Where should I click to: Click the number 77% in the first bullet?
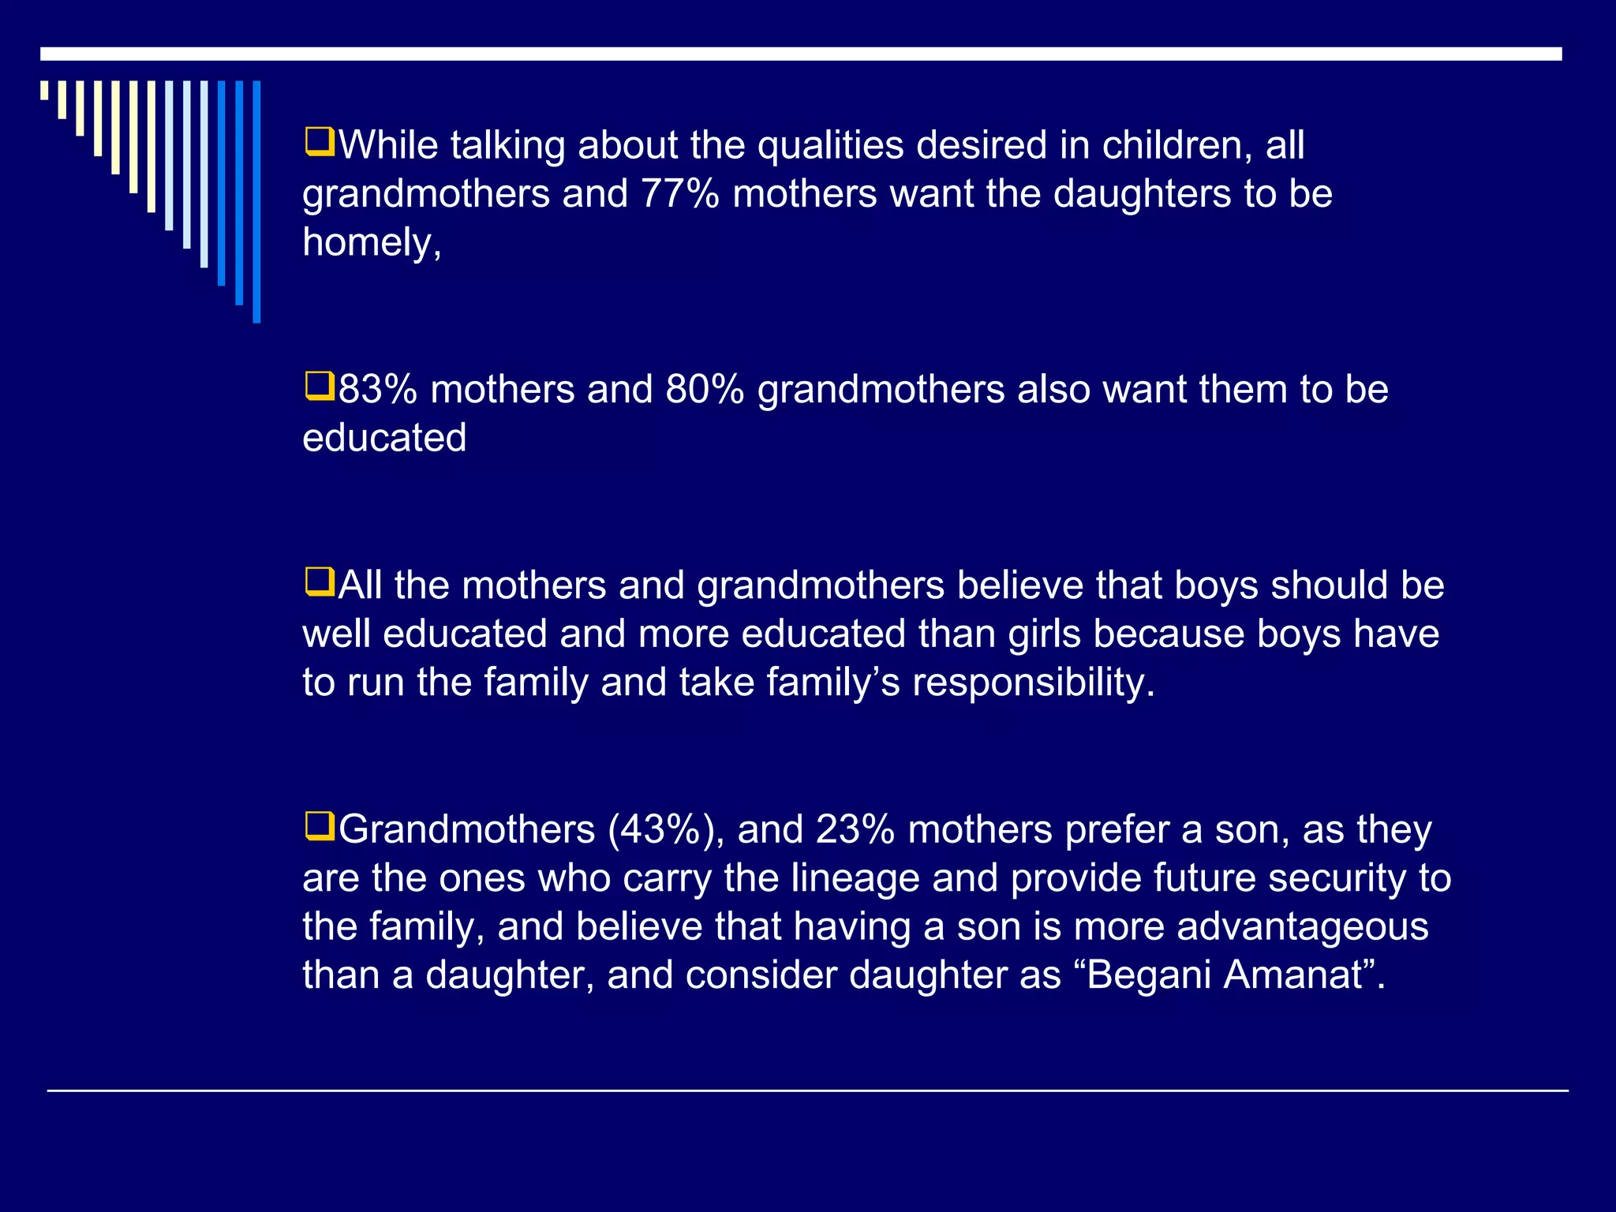click(x=679, y=194)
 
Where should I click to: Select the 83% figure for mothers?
click(x=378, y=390)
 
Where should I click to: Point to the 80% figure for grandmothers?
click(x=705, y=390)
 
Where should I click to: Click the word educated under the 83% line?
click(x=384, y=438)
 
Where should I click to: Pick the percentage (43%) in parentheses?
click(x=666, y=830)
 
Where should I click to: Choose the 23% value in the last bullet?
click(x=855, y=830)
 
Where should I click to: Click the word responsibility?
click(x=1033, y=683)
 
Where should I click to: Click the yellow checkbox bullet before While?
click(x=320, y=143)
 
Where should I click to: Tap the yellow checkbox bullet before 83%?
click(x=320, y=387)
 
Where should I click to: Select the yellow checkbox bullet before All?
click(x=320, y=583)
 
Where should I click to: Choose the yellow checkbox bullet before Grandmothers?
click(x=320, y=828)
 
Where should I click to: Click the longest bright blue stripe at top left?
click(x=256, y=201)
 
